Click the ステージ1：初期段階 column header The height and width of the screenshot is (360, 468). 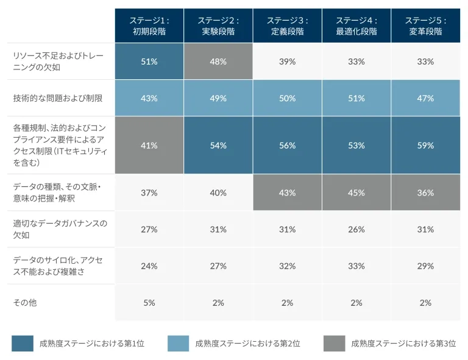[x=149, y=26]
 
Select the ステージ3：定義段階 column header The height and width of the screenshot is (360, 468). [x=288, y=26]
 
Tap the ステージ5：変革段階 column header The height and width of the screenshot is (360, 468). [x=425, y=26]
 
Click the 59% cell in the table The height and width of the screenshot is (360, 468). [x=425, y=146]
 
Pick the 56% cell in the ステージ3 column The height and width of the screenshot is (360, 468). [x=288, y=146]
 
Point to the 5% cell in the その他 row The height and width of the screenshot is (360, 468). [x=149, y=303]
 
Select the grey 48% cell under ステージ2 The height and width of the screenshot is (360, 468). [x=218, y=62]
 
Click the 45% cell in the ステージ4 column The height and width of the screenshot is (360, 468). [x=356, y=192]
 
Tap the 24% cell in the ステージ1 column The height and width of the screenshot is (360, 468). [x=149, y=266]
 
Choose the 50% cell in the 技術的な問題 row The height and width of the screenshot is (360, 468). [x=288, y=98]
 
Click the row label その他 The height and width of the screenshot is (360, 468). [x=25, y=303]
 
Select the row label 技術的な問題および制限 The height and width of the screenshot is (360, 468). [x=57, y=98]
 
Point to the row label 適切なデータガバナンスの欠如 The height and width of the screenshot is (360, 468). [x=60, y=229]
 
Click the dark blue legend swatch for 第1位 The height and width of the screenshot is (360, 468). [x=23, y=344]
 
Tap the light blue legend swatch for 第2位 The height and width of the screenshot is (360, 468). [x=179, y=344]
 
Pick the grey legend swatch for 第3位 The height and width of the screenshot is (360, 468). [x=334, y=344]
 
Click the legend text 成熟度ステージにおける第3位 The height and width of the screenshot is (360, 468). [x=403, y=344]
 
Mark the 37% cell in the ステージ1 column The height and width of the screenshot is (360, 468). [x=149, y=192]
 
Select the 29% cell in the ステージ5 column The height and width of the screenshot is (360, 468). [x=425, y=266]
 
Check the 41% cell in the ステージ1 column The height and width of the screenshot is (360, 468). [x=149, y=146]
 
